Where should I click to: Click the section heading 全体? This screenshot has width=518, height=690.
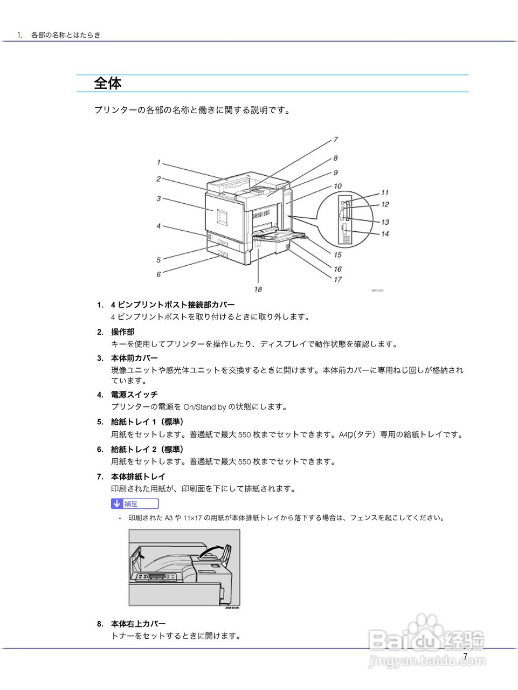[108, 83]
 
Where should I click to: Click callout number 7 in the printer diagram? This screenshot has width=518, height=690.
[335, 140]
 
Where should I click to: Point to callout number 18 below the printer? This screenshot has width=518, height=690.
[258, 289]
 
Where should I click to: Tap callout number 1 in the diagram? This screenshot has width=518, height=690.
[158, 162]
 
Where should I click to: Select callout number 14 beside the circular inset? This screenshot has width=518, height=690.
[385, 234]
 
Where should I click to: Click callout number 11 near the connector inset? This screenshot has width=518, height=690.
[385, 192]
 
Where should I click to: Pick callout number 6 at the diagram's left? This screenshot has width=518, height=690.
[158, 274]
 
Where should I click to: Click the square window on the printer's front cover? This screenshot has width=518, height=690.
[222, 216]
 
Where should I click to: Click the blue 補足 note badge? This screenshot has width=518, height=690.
[135, 503]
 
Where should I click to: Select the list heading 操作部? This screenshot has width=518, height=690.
[123, 332]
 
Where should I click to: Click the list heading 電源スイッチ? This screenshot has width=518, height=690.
[134, 395]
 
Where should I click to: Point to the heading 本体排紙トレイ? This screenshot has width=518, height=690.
[138, 477]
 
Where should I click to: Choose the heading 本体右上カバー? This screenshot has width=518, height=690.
[138, 624]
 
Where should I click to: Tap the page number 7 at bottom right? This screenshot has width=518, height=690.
[465, 656]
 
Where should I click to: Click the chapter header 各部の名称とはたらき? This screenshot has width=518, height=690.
[66, 35]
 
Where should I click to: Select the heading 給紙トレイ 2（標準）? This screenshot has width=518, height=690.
[147, 449]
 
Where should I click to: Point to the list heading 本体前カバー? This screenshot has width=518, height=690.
[134, 358]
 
